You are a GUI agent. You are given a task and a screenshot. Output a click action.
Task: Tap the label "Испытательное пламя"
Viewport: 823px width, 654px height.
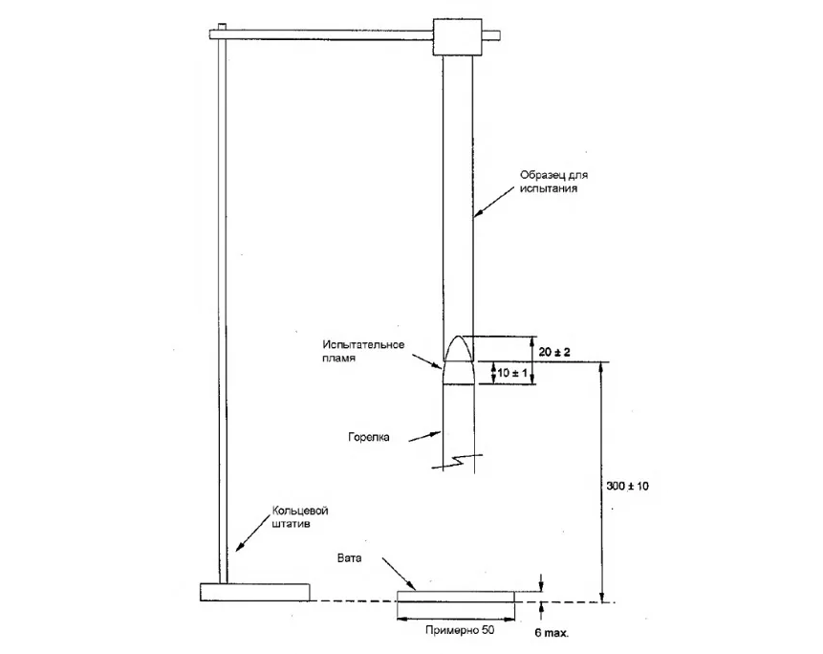tap(363, 351)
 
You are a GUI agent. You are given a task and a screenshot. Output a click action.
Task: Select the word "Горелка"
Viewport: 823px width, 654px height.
tap(369, 437)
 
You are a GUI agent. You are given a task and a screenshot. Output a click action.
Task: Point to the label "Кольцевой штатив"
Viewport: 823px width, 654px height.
tap(300, 517)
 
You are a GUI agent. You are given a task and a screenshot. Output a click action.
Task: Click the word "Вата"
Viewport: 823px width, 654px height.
tap(349, 558)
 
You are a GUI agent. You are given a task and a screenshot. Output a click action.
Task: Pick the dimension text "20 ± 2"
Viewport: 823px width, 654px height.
tap(554, 352)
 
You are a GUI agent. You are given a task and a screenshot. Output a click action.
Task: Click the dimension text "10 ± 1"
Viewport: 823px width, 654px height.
tap(512, 373)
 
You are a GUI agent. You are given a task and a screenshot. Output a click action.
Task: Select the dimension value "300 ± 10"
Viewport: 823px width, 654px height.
tap(627, 486)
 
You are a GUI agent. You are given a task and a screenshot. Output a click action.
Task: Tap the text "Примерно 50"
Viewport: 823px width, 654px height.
tap(460, 630)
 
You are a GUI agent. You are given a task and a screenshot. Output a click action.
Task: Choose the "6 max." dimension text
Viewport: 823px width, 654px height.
tap(552, 633)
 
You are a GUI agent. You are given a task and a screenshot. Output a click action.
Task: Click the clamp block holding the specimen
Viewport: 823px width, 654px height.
tap(457, 36)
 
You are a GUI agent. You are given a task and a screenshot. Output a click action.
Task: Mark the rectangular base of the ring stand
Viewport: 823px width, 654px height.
tap(254, 592)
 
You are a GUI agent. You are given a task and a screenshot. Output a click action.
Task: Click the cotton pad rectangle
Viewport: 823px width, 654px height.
tap(456, 597)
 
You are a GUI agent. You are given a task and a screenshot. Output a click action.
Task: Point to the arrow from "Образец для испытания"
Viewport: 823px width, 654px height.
tap(494, 202)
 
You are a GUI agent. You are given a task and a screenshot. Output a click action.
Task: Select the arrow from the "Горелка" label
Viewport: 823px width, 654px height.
tap(424, 437)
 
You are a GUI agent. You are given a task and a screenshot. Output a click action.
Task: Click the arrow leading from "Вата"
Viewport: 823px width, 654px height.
tap(399, 574)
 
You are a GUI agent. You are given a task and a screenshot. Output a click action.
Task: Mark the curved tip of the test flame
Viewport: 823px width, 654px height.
tap(459, 336)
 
